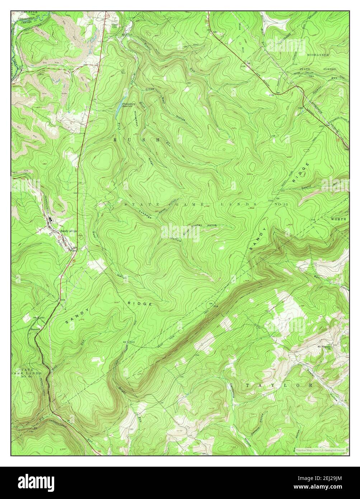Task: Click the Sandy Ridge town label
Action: [x=68, y=231]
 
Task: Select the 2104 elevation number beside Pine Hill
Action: [x=243, y=66]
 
